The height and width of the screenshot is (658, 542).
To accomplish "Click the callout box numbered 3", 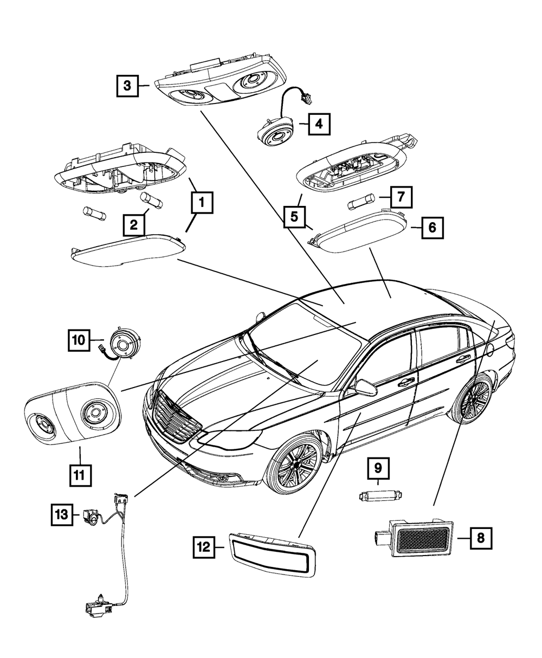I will [127, 85].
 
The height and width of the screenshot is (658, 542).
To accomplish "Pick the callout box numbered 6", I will [431, 228].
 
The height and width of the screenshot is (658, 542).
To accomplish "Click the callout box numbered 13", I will [62, 513].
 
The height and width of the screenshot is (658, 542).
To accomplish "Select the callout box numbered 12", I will [207, 547].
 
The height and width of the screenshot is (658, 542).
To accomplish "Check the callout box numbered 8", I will [481, 538].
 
